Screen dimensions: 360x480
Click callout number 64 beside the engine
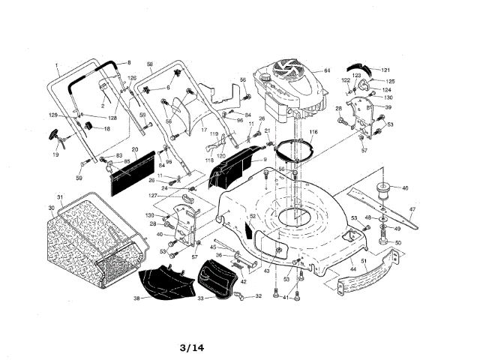pyautogui.click(x=327, y=71)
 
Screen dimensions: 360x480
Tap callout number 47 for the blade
pyautogui.click(x=412, y=209)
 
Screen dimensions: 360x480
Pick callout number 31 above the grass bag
pyautogui.click(x=60, y=198)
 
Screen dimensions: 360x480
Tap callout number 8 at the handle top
pyautogui.click(x=129, y=62)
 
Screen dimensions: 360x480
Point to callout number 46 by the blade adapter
pyautogui.click(x=405, y=187)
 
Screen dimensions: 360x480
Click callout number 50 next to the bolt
pyautogui.click(x=398, y=243)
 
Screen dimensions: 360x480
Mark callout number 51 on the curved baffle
pyautogui.click(x=364, y=261)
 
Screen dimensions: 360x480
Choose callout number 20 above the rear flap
pyautogui.click(x=135, y=149)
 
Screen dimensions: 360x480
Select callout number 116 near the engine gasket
pyautogui.click(x=313, y=132)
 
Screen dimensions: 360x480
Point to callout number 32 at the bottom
pyautogui.click(x=259, y=296)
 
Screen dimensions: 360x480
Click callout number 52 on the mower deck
pyautogui.click(x=253, y=216)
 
